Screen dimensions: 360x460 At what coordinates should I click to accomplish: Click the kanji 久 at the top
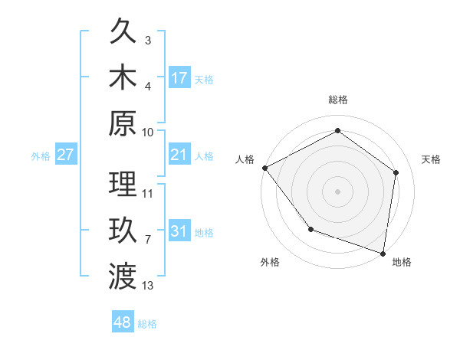[123, 33]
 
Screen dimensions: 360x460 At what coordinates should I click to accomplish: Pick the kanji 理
[123, 184]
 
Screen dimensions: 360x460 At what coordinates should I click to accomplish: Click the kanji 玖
[123, 230]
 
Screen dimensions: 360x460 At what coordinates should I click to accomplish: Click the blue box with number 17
[179, 77]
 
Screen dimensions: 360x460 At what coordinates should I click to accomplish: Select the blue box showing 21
[179, 155]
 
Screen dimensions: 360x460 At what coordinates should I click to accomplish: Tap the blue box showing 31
[179, 231]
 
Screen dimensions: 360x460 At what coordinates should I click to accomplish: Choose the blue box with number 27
[65, 155]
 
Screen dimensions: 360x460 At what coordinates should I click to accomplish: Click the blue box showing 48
[123, 322]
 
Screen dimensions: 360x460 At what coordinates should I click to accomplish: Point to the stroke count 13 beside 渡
[148, 286]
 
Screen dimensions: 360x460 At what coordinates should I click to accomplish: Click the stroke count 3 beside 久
[148, 40]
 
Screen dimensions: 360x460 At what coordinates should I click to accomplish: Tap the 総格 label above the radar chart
[338, 100]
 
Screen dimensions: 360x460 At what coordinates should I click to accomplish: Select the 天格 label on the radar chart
[431, 159]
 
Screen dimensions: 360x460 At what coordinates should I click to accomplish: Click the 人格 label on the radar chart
[245, 159]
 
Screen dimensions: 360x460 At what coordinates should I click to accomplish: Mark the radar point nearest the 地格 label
[383, 253]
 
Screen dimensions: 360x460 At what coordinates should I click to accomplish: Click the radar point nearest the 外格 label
[310, 229]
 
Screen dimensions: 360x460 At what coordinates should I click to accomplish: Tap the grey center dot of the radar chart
[338, 191]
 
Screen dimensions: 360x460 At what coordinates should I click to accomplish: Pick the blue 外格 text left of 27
[41, 156]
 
